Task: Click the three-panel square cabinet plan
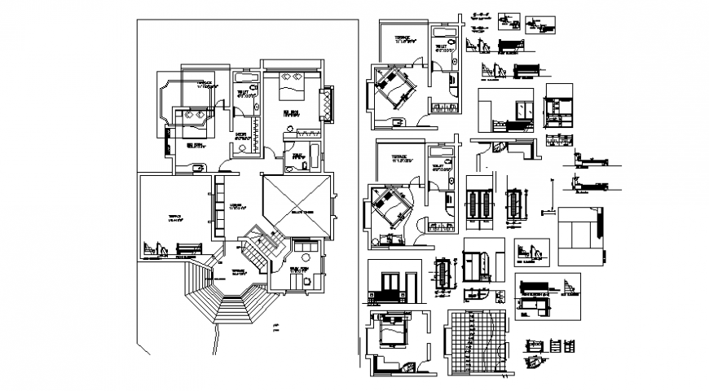(x=579, y=237)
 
